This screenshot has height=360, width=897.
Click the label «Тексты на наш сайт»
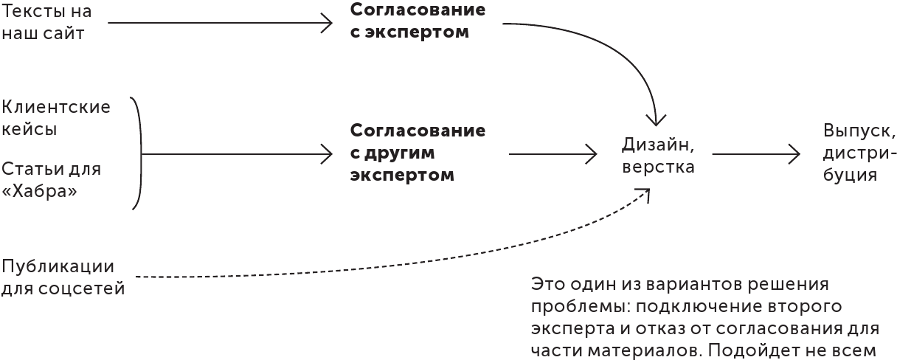[x=46, y=23]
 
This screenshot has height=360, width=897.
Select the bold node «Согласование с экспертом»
[x=418, y=22]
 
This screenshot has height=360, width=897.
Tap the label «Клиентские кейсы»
[x=56, y=118]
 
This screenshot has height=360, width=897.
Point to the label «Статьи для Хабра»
[x=41, y=180]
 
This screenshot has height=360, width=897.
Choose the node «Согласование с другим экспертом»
[x=418, y=153]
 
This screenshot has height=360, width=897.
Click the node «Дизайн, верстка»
[x=658, y=155]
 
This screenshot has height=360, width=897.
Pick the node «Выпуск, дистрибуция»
[x=859, y=153]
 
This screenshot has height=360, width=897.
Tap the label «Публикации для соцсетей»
[x=63, y=277]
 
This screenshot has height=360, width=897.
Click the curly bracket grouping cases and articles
[x=138, y=153]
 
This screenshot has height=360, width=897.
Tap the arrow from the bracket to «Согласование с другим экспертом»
[x=236, y=153]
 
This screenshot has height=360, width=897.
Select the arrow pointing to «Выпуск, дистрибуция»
[x=755, y=153]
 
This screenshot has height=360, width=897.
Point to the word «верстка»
[x=658, y=167]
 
